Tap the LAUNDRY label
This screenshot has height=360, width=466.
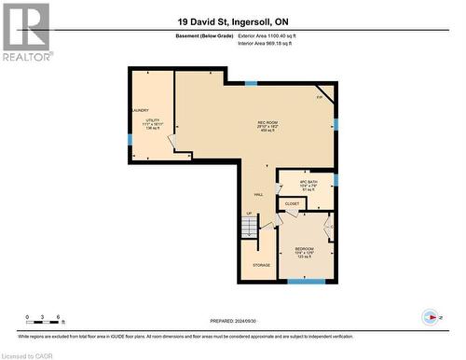(140, 109)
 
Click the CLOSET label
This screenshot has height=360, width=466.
(292, 202)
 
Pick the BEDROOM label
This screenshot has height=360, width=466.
(304, 249)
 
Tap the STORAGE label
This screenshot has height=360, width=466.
(261, 265)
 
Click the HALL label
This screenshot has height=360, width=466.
(258, 195)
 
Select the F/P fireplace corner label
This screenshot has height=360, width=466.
(320, 97)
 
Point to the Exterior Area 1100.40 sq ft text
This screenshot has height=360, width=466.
(272, 35)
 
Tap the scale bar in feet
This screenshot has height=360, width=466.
(45, 323)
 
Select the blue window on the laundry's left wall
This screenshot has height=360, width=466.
(130, 140)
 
